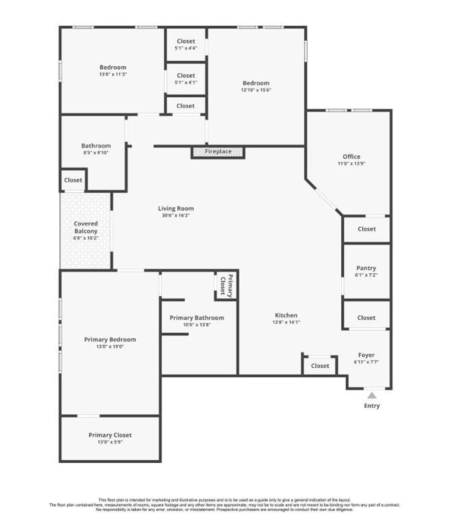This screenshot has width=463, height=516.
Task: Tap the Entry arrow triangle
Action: tap(372, 395)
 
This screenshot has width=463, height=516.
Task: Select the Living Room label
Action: tap(176, 208)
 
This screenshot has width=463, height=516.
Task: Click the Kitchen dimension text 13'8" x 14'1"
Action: tap(286, 322)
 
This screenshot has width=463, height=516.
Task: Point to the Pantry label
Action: tap(366, 268)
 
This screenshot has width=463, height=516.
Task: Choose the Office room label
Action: tap(351, 157)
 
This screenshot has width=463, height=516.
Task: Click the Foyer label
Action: tap(366, 355)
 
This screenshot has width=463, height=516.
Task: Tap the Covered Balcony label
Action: tap(86, 227)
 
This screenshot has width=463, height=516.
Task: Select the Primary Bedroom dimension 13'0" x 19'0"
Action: tap(110, 346)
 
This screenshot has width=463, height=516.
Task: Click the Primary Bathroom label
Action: tap(197, 318)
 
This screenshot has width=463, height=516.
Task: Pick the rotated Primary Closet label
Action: tap(227, 286)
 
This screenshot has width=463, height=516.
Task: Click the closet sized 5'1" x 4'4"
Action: tap(186, 44)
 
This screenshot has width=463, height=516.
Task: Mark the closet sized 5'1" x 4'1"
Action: tap(186, 79)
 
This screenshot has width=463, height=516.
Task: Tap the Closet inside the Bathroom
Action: tap(73, 180)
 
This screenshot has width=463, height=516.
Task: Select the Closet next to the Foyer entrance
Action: tap(320, 366)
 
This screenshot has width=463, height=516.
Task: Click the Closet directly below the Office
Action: tap(366, 229)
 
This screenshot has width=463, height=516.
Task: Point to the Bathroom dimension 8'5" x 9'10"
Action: tap(96, 153)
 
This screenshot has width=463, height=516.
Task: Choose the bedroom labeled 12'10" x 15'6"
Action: tap(256, 86)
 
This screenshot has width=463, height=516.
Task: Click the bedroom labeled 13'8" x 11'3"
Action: tap(113, 70)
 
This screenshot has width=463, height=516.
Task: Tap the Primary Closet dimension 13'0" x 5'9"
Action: tap(110, 442)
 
